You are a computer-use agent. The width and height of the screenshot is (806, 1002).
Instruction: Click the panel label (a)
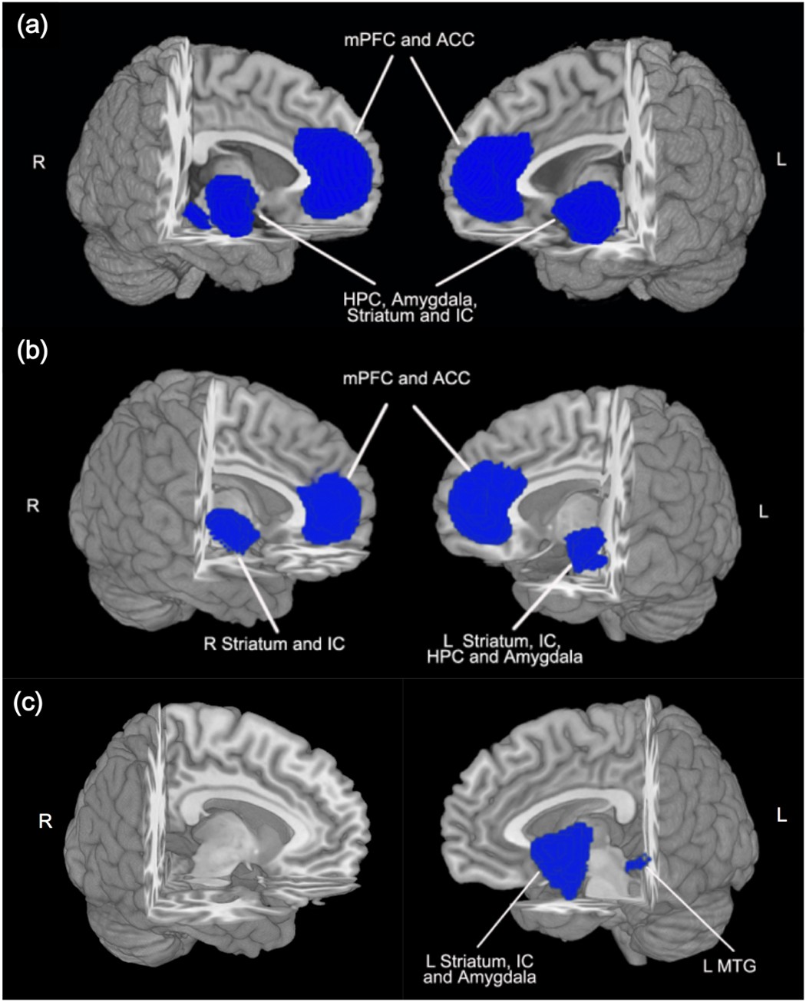[x=32, y=27]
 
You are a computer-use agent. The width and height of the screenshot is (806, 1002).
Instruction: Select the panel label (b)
[x=32, y=352]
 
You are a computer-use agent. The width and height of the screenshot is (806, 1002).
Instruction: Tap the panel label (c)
[x=32, y=703]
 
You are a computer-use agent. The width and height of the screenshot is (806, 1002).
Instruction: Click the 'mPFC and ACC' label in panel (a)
[x=407, y=39]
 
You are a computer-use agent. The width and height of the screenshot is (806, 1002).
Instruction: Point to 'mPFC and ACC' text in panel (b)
[x=407, y=378]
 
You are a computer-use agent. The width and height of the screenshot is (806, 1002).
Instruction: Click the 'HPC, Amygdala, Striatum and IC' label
[x=407, y=305]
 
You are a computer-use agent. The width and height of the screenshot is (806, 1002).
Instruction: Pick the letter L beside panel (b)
[x=764, y=512]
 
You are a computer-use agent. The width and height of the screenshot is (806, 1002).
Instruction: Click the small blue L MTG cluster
[x=637, y=864]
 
